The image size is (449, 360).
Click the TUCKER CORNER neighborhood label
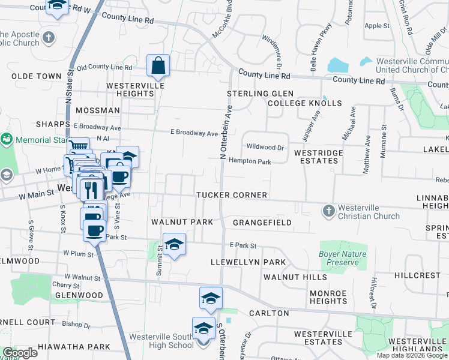[231, 196]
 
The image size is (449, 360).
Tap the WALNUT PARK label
[182, 222]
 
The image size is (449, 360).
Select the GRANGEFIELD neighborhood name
[262, 223]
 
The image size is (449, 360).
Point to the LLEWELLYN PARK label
[248, 263]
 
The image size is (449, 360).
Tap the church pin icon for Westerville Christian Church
[328, 211]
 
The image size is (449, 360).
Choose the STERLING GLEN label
[260, 94]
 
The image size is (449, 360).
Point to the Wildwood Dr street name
[265, 147]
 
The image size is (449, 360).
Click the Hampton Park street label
[250, 161]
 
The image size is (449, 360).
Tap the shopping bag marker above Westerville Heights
[158, 65]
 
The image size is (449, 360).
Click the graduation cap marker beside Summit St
[174, 244]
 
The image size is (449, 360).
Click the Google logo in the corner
[19, 353]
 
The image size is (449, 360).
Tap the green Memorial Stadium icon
[7, 139]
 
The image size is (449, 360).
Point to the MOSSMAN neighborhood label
[92, 111]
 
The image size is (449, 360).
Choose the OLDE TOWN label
[37, 76]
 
